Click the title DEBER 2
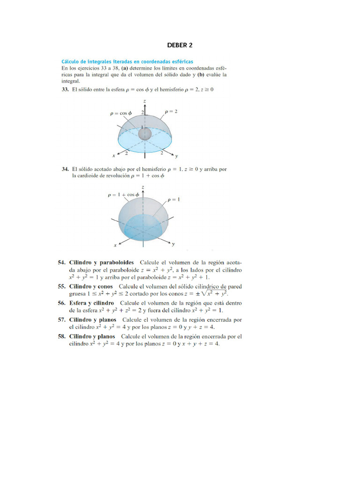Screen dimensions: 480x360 tap(180, 45)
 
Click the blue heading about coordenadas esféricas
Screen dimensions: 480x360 tap(127, 61)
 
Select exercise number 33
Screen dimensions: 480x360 tap(66, 89)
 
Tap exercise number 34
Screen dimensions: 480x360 tap(66, 169)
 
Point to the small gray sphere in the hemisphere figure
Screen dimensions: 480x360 tap(145, 134)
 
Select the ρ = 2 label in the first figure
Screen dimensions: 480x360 tap(171, 111)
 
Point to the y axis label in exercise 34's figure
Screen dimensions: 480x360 tap(173, 244)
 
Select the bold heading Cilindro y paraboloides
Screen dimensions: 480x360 tap(102, 262)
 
